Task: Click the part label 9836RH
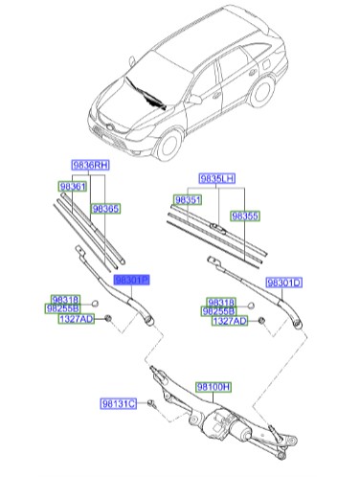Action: point(87,165)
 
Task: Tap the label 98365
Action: point(105,207)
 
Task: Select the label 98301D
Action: point(283,283)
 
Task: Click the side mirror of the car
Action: point(194,99)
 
